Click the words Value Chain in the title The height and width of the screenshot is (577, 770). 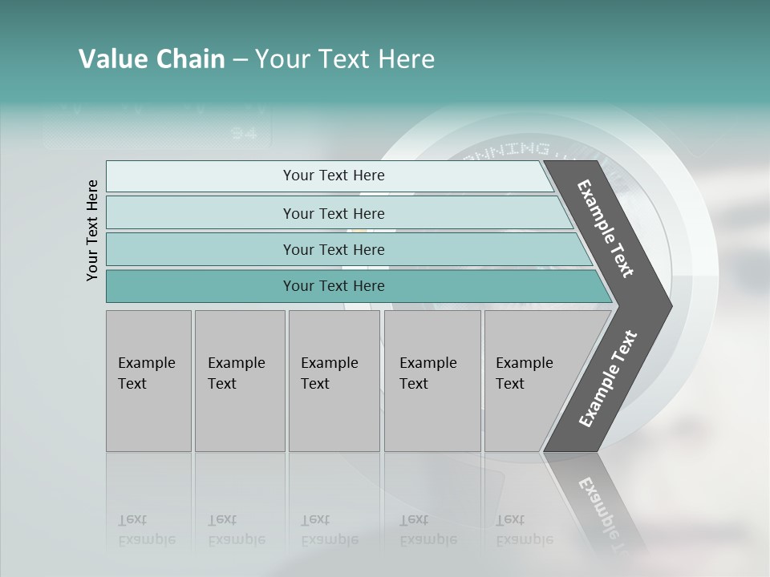click(x=152, y=59)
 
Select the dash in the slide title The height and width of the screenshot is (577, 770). click(x=240, y=60)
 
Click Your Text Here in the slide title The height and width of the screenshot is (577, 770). click(x=345, y=59)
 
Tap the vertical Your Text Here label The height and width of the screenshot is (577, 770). click(x=92, y=230)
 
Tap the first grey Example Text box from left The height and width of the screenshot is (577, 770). click(x=148, y=381)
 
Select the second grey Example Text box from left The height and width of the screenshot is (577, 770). click(x=240, y=381)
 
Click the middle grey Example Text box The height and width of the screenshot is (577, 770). click(x=334, y=381)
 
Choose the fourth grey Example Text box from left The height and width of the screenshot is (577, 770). click(x=432, y=381)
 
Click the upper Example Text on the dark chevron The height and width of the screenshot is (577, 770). click(x=606, y=228)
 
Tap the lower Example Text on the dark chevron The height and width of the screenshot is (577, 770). click(x=608, y=379)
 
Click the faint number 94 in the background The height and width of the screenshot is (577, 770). click(x=244, y=133)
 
